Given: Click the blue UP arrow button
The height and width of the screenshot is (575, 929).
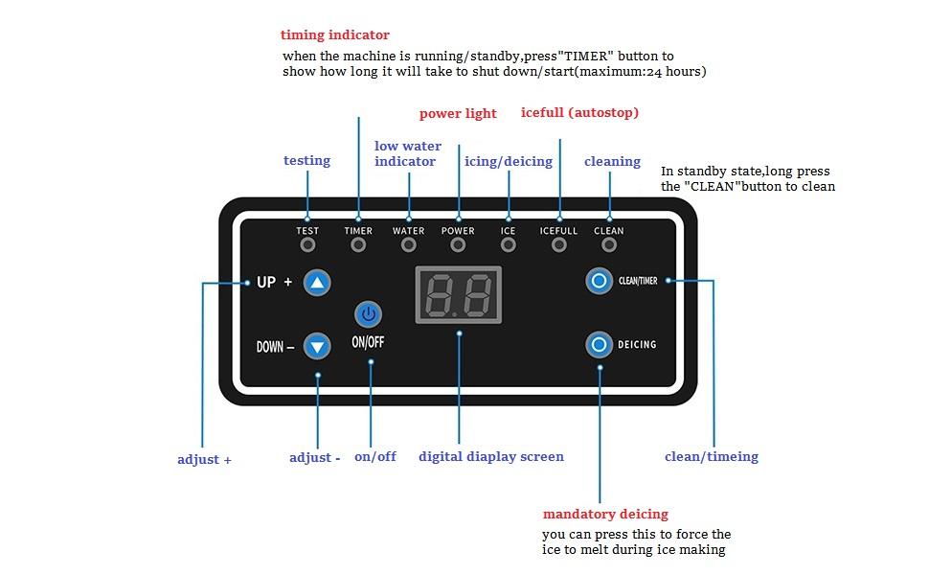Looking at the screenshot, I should pyautogui.click(x=317, y=283).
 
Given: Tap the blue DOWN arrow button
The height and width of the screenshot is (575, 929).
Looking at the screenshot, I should pyautogui.click(x=317, y=346).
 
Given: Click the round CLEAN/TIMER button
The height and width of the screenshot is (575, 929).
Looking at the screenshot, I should pyautogui.click(x=600, y=281).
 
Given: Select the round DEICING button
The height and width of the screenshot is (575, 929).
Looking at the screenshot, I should pyautogui.click(x=600, y=344).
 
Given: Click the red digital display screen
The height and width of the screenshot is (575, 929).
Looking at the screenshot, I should pyautogui.click(x=459, y=293).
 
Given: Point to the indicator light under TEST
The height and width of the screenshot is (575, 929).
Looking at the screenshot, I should pyautogui.click(x=307, y=244).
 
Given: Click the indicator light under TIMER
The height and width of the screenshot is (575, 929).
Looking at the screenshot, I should pyautogui.click(x=358, y=244).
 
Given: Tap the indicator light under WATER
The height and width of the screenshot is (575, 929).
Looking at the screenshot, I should pyautogui.click(x=409, y=244).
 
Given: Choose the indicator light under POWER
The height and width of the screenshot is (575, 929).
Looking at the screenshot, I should pyautogui.click(x=458, y=244).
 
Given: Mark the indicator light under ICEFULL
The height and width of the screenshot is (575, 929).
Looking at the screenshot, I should pyautogui.click(x=559, y=244).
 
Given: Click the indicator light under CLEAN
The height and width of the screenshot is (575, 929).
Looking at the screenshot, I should pyautogui.click(x=609, y=244).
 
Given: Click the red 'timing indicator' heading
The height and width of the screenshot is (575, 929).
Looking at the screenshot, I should pyautogui.click(x=335, y=35).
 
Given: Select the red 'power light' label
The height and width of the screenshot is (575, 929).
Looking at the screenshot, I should pyautogui.click(x=458, y=114).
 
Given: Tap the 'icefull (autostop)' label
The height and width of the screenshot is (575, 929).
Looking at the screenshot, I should pyautogui.click(x=579, y=113).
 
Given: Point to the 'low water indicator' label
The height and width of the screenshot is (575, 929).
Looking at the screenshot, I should pyautogui.click(x=408, y=153).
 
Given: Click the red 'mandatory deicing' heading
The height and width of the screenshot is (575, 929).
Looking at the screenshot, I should pyautogui.click(x=605, y=515).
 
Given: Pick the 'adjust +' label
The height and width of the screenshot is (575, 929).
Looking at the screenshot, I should pyautogui.click(x=204, y=460).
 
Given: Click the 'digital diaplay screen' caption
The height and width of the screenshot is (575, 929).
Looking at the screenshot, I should pyautogui.click(x=491, y=457).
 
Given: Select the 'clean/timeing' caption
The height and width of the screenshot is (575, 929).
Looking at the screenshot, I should pyautogui.click(x=712, y=457).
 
